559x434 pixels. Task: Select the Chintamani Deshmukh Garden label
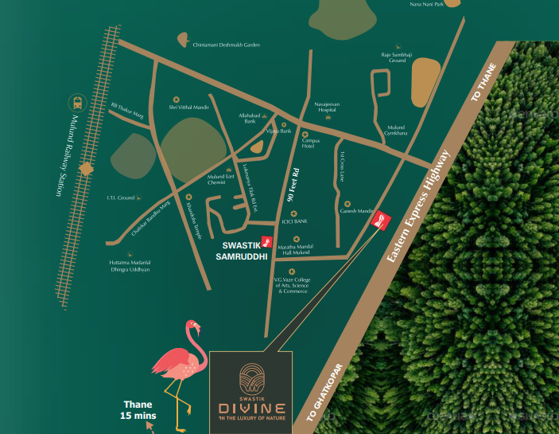(227, 45)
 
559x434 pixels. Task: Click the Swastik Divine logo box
(250, 391)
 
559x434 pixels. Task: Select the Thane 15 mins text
(137, 409)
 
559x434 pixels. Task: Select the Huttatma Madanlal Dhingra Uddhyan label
(129, 267)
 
